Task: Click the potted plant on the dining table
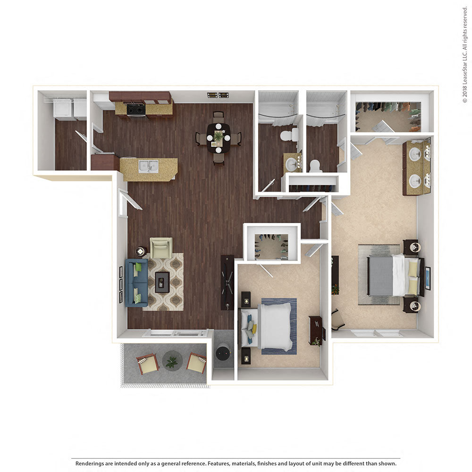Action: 218,137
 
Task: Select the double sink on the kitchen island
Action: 149,166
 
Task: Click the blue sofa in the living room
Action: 136,283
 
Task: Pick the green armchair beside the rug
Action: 161,247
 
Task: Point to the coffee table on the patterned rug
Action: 162,282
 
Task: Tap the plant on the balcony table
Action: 171,362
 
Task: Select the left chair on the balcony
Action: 148,363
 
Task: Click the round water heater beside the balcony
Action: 223,353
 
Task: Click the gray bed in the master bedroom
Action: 387,276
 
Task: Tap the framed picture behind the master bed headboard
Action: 428,278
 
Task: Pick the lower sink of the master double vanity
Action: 415,181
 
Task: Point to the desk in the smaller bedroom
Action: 315,330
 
